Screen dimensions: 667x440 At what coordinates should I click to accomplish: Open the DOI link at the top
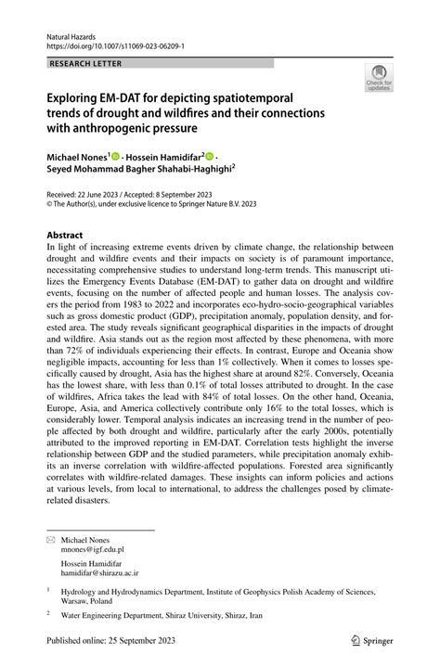point(110,44)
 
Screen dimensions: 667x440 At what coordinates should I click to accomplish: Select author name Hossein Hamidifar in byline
point(166,158)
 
